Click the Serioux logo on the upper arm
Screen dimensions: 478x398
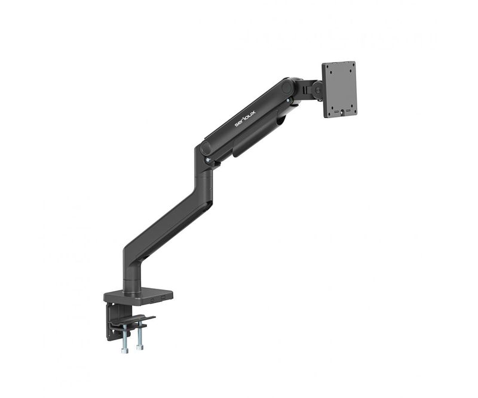245,119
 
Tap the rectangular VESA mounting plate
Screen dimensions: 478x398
339,90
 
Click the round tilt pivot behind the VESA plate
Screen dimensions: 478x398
317,90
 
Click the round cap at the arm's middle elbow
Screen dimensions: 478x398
206,148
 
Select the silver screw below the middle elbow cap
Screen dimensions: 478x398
208,160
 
